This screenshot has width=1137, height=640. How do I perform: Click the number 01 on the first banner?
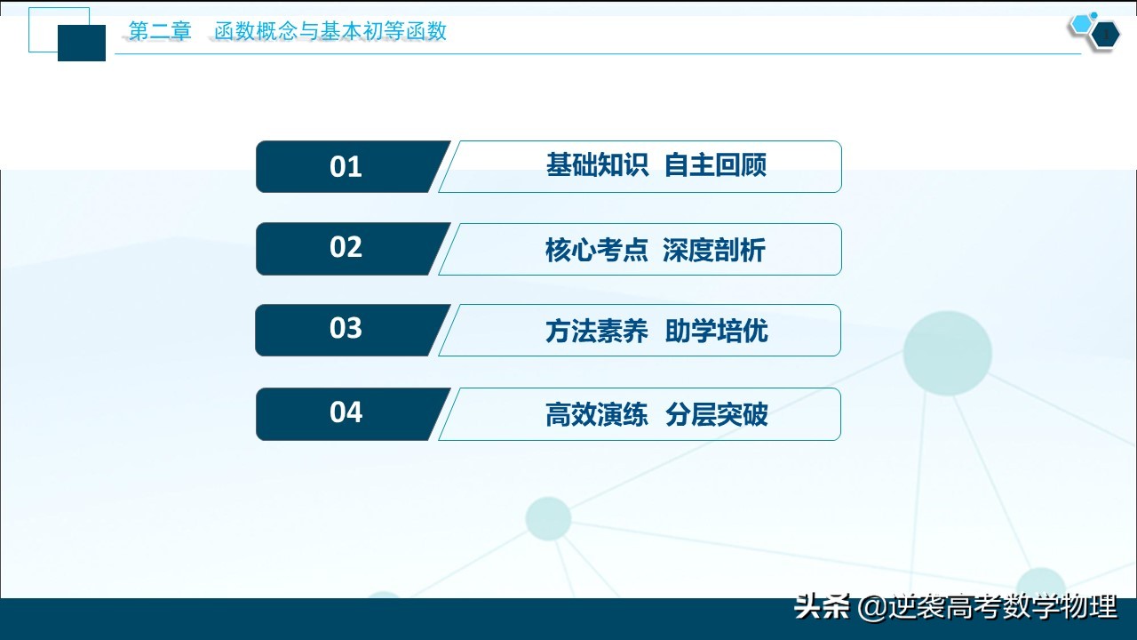click(x=346, y=167)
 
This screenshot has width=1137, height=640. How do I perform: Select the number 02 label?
click(x=346, y=247)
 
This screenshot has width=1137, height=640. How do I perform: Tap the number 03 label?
click(x=346, y=329)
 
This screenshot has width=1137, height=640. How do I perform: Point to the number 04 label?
click(x=346, y=412)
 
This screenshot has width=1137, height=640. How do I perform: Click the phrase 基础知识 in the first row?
click(x=597, y=165)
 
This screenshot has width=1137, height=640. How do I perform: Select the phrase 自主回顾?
click(x=715, y=165)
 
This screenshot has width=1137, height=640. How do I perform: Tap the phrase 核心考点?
click(x=597, y=251)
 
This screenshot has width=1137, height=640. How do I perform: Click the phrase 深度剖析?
click(x=713, y=251)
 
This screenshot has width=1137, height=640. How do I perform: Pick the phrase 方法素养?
click(x=597, y=332)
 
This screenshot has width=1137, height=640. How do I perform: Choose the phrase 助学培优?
click(x=716, y=332)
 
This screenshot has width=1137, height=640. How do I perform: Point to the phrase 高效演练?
click(x=597, y=415)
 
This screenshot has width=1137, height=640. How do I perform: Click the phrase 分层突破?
click(x=716, y=415)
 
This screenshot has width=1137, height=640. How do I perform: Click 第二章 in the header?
click(x=160, y=32)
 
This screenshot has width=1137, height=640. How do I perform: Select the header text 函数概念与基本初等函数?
click(x=330, y=32)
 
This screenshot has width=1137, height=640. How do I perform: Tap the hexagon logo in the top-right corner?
click(x=1094, y=31)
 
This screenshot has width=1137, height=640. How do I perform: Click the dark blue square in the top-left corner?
click(x=82, y=43)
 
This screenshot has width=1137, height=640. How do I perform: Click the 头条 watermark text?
click(x=823, y=607)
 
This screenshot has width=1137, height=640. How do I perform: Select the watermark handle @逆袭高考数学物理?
click(x=987, y=607)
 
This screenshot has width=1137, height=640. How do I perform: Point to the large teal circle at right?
click(x=947, y=353)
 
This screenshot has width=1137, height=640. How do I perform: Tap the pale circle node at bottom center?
click(x=548, y=518)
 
